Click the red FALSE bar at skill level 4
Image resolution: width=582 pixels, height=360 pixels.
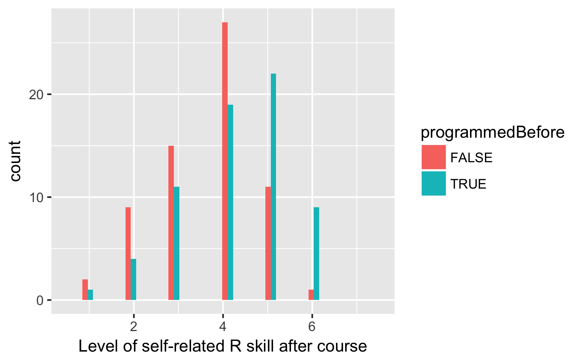pos(225,161)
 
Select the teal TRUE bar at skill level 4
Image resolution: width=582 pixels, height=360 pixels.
pos(230,202)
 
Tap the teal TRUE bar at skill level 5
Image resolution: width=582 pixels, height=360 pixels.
pos(273,187)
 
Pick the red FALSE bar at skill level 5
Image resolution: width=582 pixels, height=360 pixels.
pos(268,244)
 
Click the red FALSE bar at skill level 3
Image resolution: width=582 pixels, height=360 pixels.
pos(171,223)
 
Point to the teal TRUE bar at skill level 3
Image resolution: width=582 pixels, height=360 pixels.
pos(176,244)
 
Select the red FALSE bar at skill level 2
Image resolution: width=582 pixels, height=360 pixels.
pos(128,253)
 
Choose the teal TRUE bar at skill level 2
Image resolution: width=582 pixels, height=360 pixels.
pos(133,279)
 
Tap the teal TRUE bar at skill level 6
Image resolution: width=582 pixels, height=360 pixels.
pos(316,253)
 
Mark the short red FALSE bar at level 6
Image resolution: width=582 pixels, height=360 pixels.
pos(311,295)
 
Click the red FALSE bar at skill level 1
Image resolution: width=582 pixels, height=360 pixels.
pos(85,290)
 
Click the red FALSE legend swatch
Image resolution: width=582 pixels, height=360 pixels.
pos(433,157)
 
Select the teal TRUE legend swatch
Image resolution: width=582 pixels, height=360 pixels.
pos(433,183)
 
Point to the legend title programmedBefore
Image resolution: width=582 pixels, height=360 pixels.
pos(492,133)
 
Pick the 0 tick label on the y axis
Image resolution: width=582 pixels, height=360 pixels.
pos(40,301)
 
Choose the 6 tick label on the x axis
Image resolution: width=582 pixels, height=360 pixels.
pos(312,326)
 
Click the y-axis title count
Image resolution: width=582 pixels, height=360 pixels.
pos(16,161)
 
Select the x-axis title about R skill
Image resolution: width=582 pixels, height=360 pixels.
pos(223,346)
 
